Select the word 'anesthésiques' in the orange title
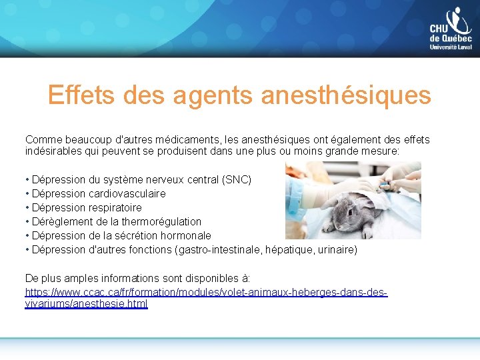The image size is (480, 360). (x=346, y=95)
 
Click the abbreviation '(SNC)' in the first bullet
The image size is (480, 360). (x=237, y=179)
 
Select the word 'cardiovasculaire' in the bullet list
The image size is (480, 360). (x=127, y=193)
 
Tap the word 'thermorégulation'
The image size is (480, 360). (x=160, y=221)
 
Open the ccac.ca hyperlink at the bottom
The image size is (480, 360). (x=206, y=293)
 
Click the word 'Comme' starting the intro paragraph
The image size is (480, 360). (x=41, y=139)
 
